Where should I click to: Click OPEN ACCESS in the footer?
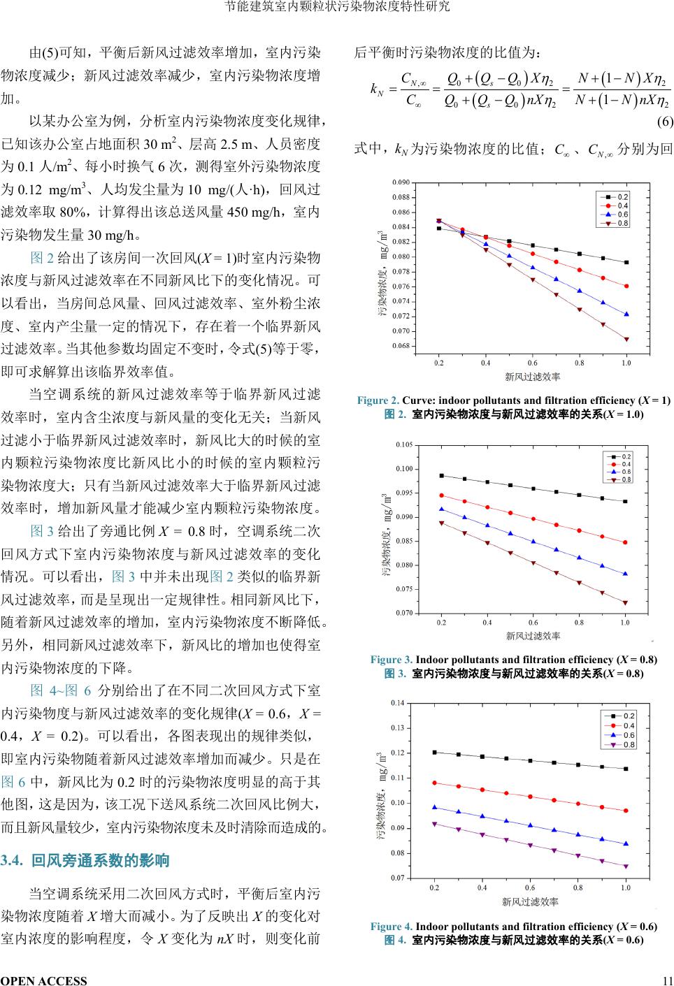(44, 980)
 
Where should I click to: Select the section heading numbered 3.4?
(86, 860)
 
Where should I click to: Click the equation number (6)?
(664, 122)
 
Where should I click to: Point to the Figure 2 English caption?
(513, 400)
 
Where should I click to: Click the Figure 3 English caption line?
(513, 660)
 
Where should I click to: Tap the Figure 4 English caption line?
(513, 927)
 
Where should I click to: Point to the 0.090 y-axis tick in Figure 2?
(401, 182)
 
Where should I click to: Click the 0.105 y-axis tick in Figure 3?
(403, 444)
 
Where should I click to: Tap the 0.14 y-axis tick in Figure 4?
(397, 702)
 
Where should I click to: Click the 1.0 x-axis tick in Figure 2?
(626, 363)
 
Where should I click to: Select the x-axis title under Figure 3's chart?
(533, 636)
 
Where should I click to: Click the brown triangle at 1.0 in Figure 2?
(626, 340)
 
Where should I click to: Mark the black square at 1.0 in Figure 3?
(625, 501)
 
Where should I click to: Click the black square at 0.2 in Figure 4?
(434, 753)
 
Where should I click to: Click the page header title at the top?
(337, 7)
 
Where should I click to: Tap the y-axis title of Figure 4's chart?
(382, 796)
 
